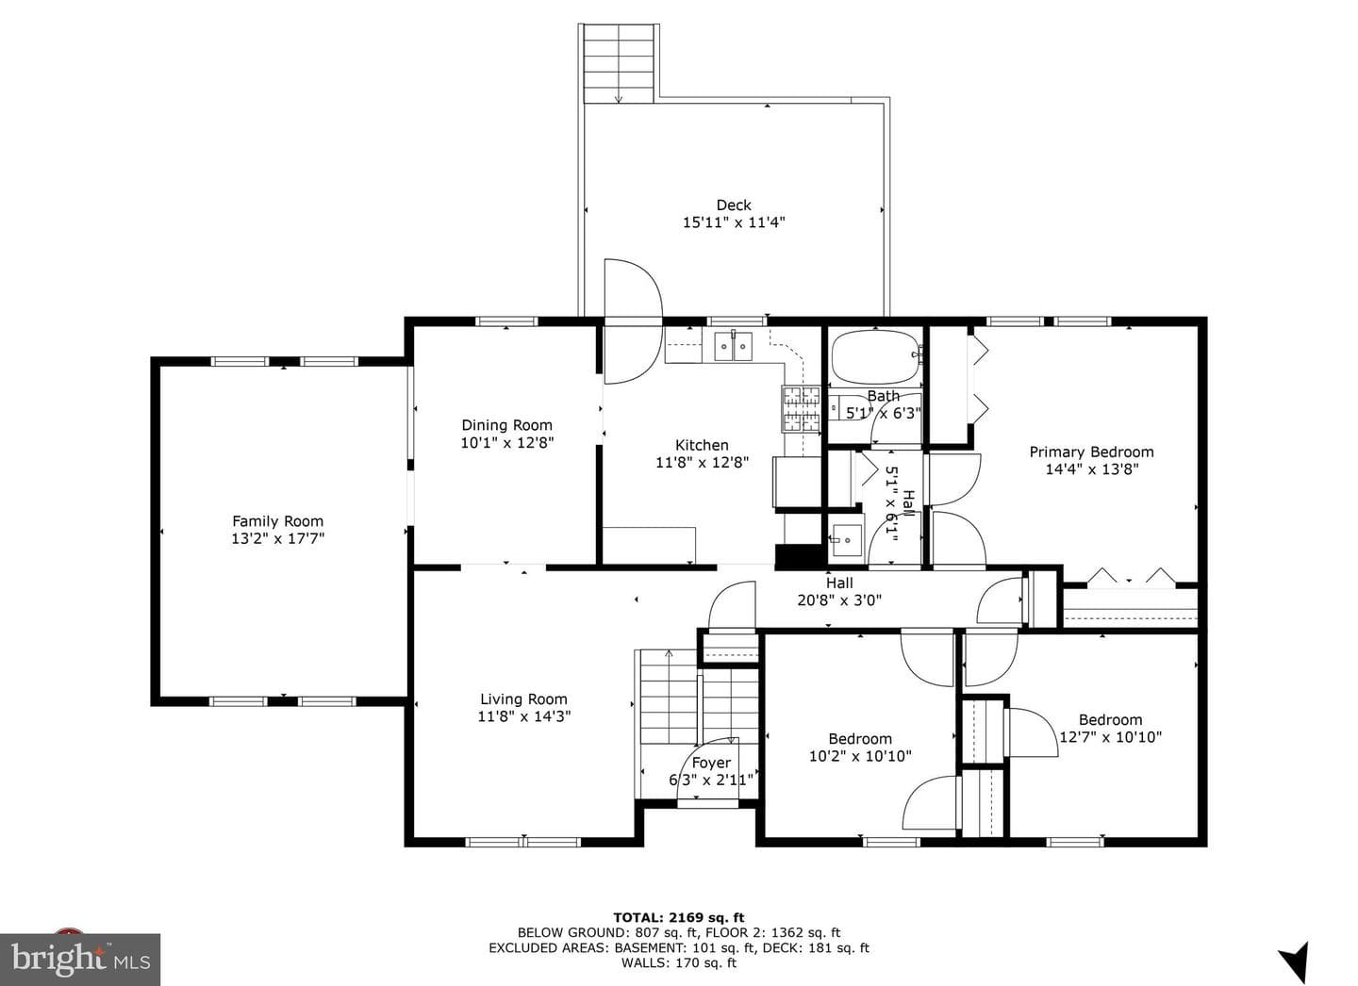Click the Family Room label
277,521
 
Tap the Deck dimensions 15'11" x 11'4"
734,222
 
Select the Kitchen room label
702,445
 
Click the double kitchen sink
733,346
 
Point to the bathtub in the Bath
877,357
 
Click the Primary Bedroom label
1091,452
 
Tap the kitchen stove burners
801,409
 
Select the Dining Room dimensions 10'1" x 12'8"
506,442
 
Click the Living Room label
523,699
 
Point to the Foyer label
711,763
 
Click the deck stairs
619,63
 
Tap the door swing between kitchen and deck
632,321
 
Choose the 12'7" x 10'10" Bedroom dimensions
1111,737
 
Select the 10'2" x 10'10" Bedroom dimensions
860,756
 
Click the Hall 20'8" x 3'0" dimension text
839,600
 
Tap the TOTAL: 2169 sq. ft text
679,917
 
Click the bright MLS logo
80,960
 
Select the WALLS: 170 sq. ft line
679,962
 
